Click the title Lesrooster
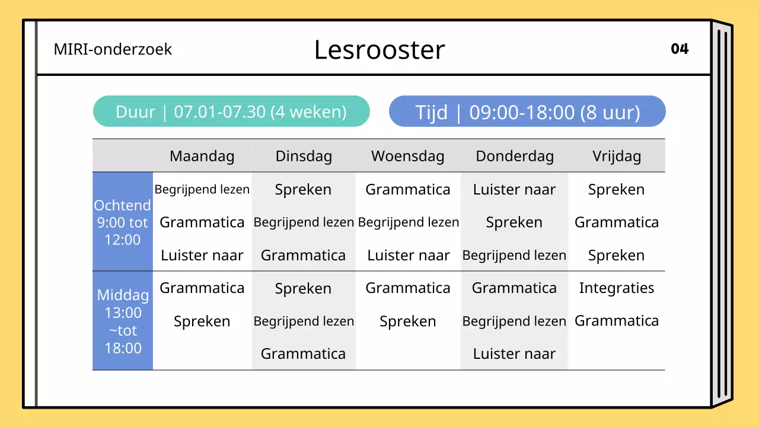click(x=379, y=50)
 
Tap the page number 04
click(x=680, y=49)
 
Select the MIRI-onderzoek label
click(x=113, y=49)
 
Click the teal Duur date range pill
click(x=231, y=111)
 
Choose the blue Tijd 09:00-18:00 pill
click(x=527, y=111)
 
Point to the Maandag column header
click(x=202, y=156)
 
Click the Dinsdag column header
click(x=304, y=156)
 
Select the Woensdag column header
click(x=408, y=156)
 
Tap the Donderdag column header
click(x=515, y=156)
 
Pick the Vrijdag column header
click(x=617, y=156)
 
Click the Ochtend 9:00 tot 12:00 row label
click(x=123, y=222)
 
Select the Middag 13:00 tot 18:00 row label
click(x=123, y=321)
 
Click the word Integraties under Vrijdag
click(x=617, y=288)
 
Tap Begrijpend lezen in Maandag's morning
click(x=202, y=190)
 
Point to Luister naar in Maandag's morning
click(x=202, y=256)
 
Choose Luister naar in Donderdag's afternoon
click(x=514, y=354)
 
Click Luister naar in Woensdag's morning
click(x=409, y=256)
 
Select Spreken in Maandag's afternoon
click(x=202, y=321)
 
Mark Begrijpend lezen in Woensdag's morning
click(x=409, y=222)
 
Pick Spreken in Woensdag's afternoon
click(x=408, y=321)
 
